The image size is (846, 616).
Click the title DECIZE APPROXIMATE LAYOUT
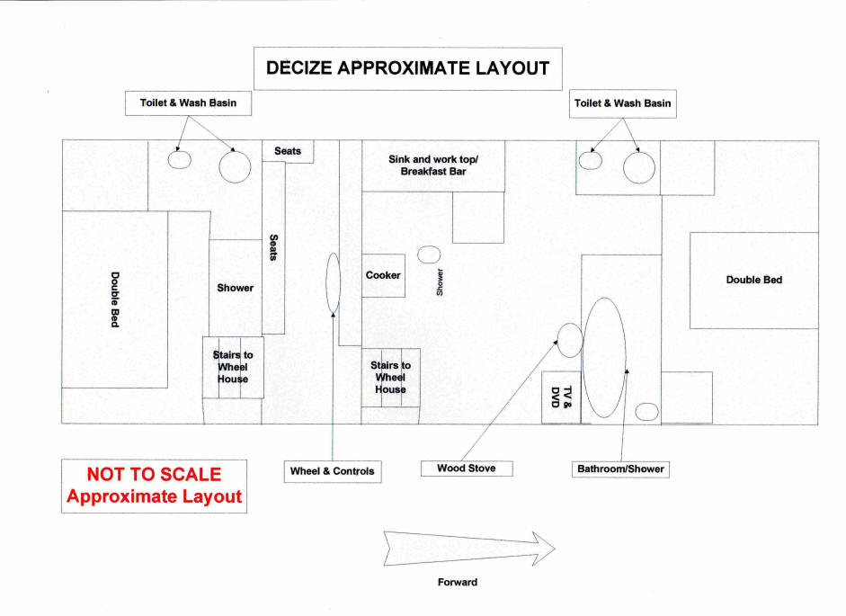point(408,68)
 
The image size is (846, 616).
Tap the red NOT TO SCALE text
point(154,474)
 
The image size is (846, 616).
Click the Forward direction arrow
point(469,549)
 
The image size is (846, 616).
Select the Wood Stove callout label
point(467,469)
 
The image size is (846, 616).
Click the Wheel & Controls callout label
point(333,471)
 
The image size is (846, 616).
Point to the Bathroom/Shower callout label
point(620,469)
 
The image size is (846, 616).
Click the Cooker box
point(383,275)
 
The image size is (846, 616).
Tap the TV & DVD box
point(561,397)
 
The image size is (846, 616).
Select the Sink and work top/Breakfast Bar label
point(433,165)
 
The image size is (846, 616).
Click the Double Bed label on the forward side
point(753,280)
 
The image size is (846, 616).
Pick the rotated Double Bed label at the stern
point(115,299)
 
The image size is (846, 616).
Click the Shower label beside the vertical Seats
point(236,288)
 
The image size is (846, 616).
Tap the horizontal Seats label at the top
point(288,151)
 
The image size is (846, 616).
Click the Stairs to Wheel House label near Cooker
point(390,378)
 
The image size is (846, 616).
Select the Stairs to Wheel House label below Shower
point(233,367)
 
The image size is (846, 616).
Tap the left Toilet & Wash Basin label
point(188,103)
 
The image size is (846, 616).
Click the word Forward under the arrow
point(458,582)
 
